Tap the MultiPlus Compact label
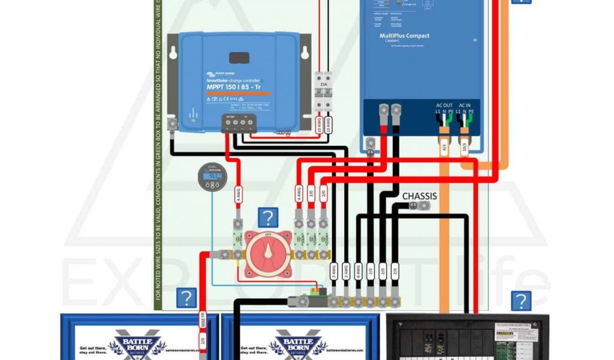tap(404, 36)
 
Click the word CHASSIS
tap(419, 196)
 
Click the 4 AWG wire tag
tap(237, 194)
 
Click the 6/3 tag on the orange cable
tap(444, 147)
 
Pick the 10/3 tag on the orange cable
tap(465, 147)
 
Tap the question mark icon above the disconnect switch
tap(267, 218)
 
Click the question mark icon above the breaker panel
tap(521, 301)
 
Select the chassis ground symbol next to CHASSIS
tap(413, 206)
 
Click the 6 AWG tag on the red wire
tap(298, 194)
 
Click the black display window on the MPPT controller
tap(239, 58)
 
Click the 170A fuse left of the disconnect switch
tap(237, 239)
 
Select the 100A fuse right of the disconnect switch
tap(298, 239)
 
